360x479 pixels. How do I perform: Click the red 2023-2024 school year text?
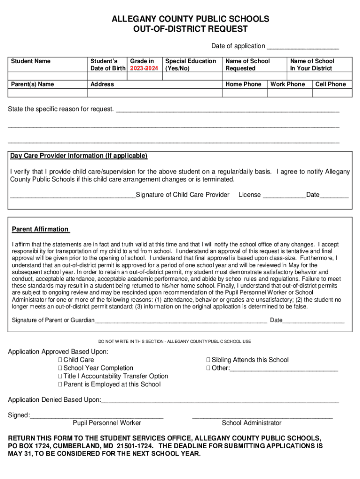(x=144, y=68)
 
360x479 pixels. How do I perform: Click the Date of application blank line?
(x=302, y=47)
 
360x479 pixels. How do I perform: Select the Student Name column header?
(x=30, y=61)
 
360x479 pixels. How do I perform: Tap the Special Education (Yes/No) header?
(x=191, y=65)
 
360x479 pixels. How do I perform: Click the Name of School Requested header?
(x=247, y=65)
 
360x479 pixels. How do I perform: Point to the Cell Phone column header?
(x=331, y=84)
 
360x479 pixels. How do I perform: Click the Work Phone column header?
(x=288, y=84)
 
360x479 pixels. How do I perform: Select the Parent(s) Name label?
(x=32, y=84)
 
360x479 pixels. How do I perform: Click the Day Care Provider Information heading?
(x=79, y=156)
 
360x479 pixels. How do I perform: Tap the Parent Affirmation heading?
(x=40, y=229)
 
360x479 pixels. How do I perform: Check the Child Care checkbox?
(x=60, y=360)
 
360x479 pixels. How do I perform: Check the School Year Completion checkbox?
(x=60, y=368)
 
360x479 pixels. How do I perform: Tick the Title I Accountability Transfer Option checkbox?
(x=60, y=376)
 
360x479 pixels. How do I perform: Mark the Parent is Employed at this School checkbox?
(x=60, y=385)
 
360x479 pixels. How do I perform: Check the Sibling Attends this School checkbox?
(x=209, y=360)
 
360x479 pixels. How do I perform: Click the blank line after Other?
(x=284, y=369)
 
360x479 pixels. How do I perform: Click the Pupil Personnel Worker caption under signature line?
(x=107, y=423)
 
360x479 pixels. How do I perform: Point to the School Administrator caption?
(x=252, y=423)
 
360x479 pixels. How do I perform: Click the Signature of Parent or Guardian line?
(x=181, y=321)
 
